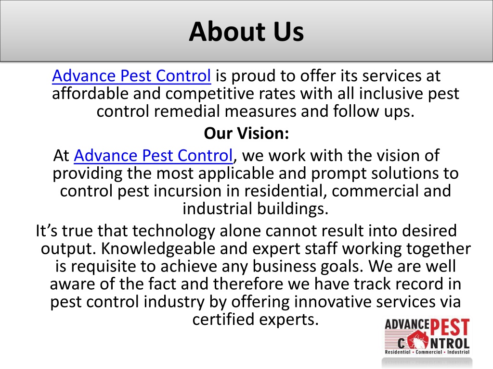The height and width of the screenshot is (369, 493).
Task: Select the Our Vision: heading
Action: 246,133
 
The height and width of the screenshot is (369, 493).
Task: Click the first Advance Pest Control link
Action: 131,75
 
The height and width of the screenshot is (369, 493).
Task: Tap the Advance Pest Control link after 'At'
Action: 154,155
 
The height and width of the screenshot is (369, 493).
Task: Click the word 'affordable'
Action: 91,94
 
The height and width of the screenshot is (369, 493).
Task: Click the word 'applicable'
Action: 236,173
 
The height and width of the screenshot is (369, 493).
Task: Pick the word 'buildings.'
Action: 293,209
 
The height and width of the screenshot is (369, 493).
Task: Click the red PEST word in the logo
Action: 450,328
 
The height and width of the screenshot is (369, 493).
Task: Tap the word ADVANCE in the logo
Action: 407,324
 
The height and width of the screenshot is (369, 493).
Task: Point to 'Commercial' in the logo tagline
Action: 428,352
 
